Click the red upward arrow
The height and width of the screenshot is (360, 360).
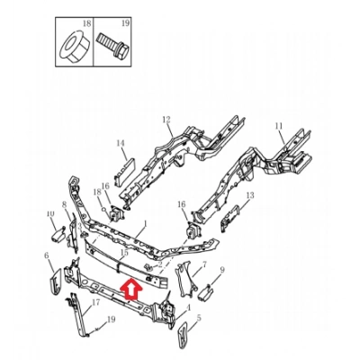pyautogui.click(x=130, y=289)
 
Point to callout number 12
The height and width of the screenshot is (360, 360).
pyautogui.click(x=166, y=120)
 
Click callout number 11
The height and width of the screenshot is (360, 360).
pyautogui.click(x=279, y=125)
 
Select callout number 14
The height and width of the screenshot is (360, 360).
pyautogui.click(x=120, y=143)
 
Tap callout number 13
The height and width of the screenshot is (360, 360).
pyautogui.click(x=250, y=195)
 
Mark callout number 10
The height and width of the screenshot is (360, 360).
pyautogui.click(x=50, y=213)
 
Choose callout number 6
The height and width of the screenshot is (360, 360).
pyautogui.click(x=46, y=256)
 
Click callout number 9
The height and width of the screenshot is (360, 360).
pyautogui.click(x=222, y=271)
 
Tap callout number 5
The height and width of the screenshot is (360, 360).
pyautogui.click(x=198, y=318)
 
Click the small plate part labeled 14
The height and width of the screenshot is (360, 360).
pyautogui.click(x=123, y=167)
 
